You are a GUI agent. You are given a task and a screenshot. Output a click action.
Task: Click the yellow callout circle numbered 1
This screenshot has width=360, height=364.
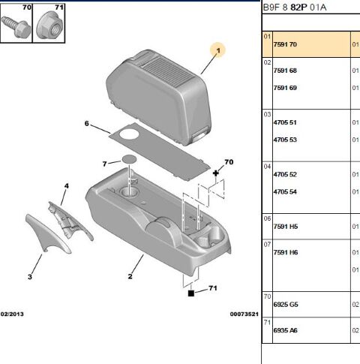(x=219, y=51)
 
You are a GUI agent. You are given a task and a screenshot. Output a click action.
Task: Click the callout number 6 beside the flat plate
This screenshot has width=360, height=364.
(x=86, y=123)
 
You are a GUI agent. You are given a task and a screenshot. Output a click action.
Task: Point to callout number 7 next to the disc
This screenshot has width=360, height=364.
(x=105, y=163)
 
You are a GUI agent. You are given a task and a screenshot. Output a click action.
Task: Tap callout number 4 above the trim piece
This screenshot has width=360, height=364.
(x=66, y=185)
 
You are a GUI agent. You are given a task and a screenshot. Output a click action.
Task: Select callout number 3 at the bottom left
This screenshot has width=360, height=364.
(x=30, y=277)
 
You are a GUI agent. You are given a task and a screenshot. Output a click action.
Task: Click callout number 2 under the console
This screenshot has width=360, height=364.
(x=130, y=277)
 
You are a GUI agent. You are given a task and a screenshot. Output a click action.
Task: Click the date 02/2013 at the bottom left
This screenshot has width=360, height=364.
(x=14, y=314)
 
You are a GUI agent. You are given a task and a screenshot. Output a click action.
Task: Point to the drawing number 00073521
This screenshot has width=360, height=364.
(x=244, y=314)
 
